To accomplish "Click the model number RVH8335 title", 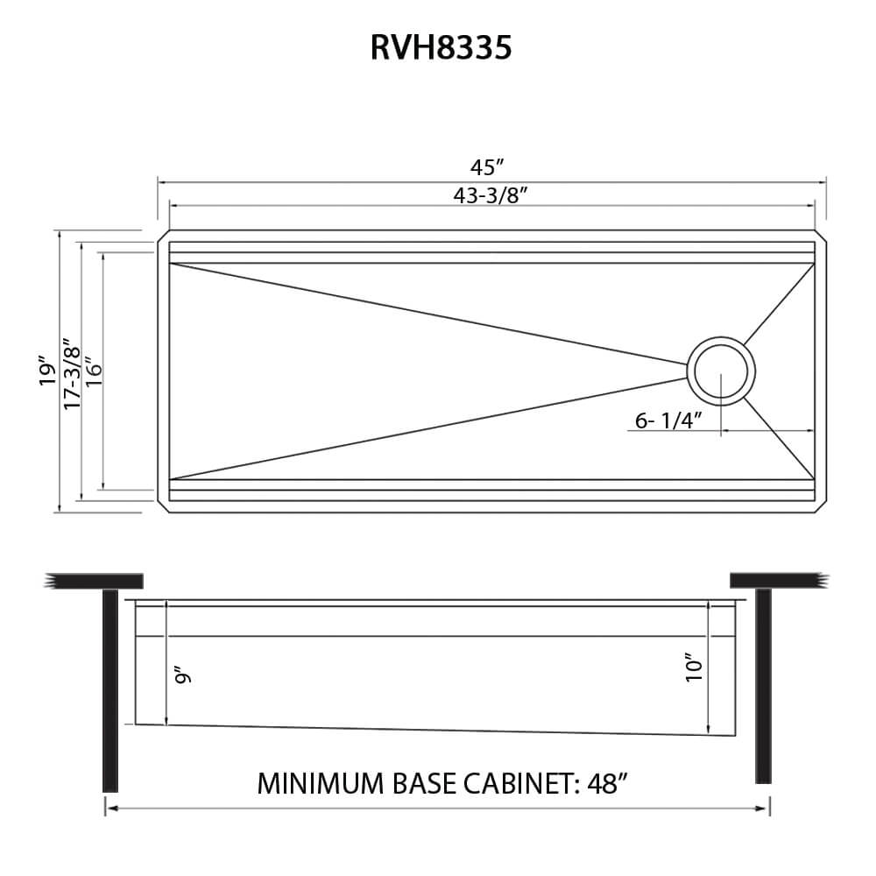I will click(441, 48).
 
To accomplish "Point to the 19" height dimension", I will click(48, 371).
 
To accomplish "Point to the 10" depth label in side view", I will click(694, 668).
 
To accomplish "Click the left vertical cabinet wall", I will click(110, 689).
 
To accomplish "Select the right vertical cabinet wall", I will click(763, 685).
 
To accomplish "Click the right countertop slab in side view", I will click(776, 580).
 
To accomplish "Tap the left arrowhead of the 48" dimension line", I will click(109, 809).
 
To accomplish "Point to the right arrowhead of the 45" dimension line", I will click(823, 181).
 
